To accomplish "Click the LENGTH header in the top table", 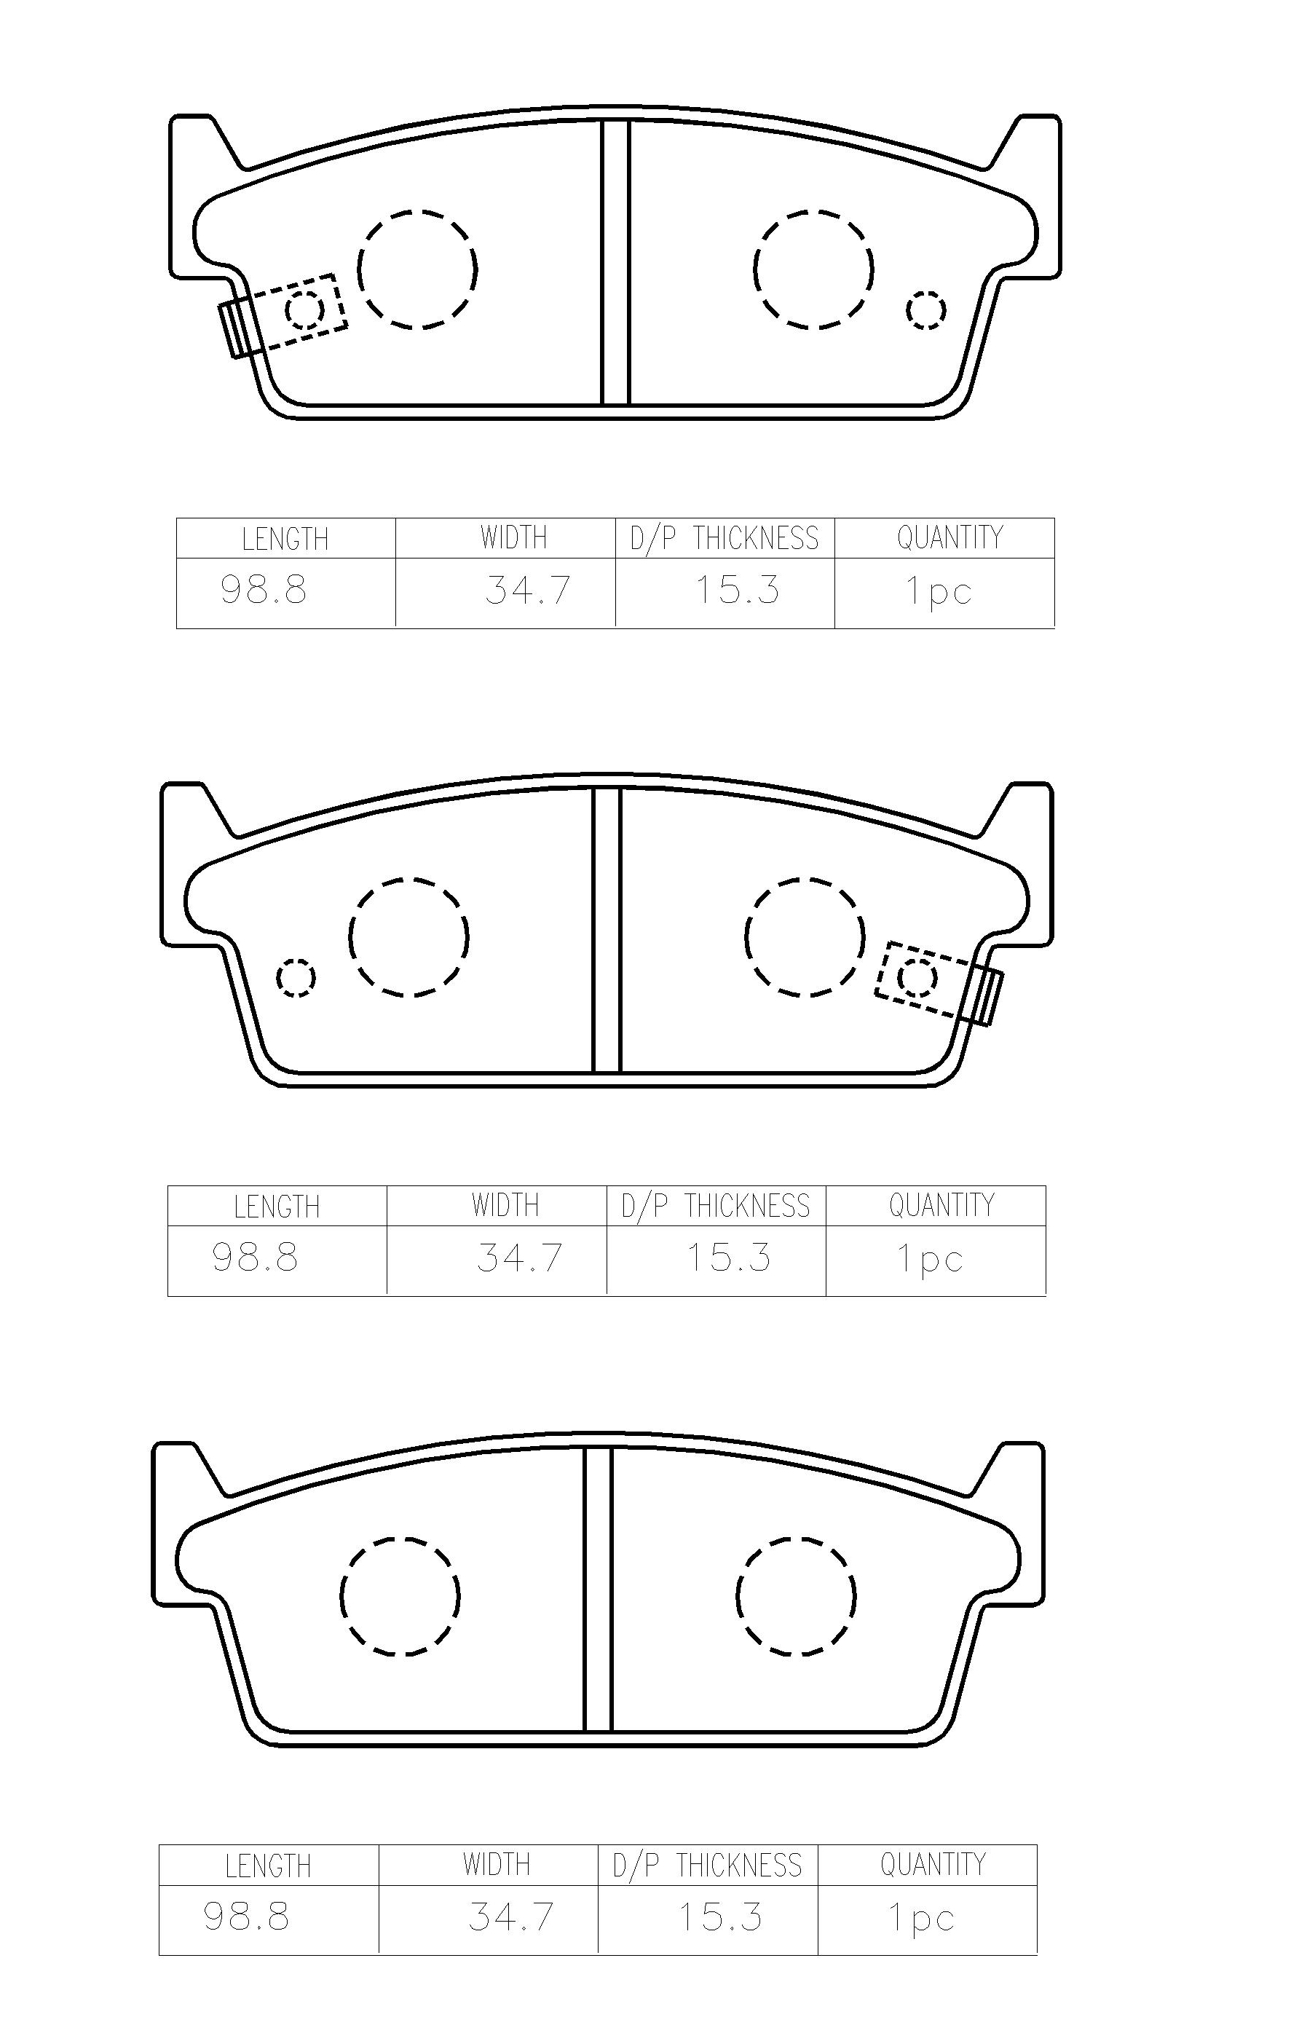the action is (285, 539).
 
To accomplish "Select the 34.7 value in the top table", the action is (528, 590).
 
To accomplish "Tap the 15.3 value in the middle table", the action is (729, 1257).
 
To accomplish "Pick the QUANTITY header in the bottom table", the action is (933, 1864).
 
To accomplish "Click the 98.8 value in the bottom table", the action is (247, 1916).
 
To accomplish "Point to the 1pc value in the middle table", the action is (930, 1259).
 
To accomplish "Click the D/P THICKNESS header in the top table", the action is (725, 539).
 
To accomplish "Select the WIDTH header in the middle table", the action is (505, 1204).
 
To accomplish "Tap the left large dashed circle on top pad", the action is (417, 269).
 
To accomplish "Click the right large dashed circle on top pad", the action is (813, 269).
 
